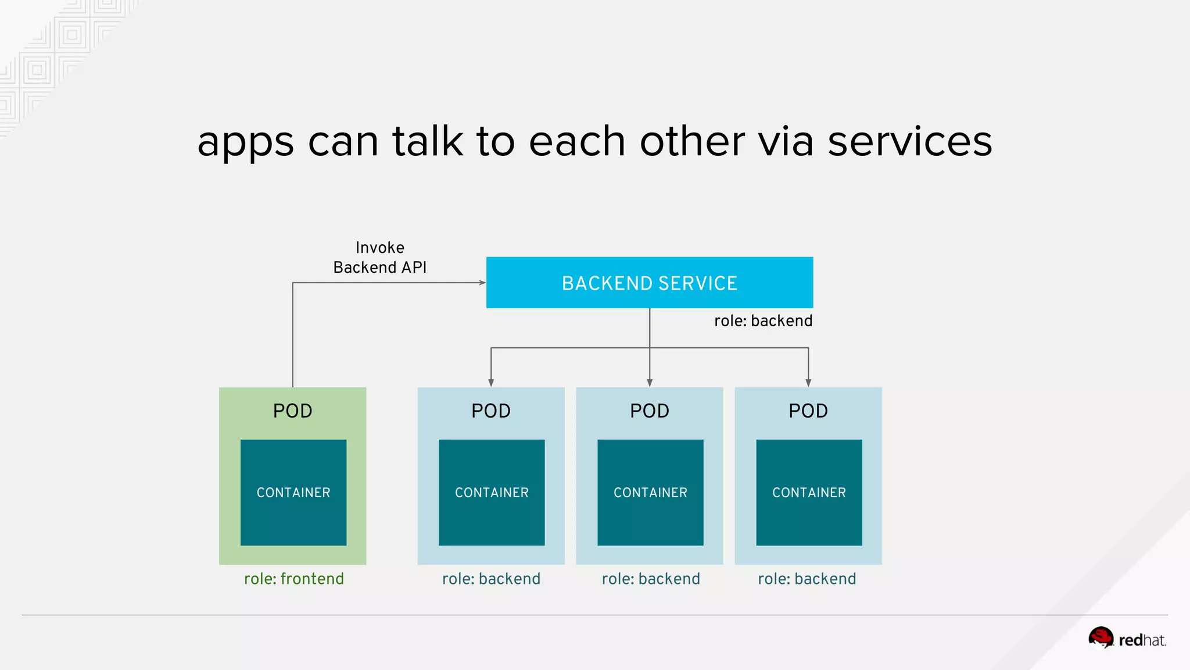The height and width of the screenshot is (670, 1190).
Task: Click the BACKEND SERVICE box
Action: [649, 283]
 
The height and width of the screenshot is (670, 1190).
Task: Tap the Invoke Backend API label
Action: [380, 258]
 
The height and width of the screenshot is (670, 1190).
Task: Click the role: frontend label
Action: [294, 579]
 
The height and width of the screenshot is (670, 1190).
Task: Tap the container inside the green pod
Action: [293, 492]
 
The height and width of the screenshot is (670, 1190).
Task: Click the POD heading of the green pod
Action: [293, 411]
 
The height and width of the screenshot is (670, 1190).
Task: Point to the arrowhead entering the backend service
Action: [482, 283]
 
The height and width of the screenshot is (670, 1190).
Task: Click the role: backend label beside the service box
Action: [763, 321]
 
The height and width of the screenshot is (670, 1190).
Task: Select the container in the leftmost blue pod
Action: [492, 492]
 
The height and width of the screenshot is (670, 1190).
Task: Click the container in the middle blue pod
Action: [650, 492]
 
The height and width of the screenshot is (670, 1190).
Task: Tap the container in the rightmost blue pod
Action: [809, 492]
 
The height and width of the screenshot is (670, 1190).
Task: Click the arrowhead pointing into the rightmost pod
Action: [808, 383]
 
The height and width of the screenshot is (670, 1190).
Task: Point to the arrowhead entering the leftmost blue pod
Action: [491, 383]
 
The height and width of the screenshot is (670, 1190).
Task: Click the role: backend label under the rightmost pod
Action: [807, 579]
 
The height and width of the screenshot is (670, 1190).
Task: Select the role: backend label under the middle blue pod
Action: [651, 579]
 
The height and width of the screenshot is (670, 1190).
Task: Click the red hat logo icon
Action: [1101, 637]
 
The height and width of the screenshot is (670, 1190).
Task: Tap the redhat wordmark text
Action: [1142, 640]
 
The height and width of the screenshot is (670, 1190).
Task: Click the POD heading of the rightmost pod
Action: [808, 411]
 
